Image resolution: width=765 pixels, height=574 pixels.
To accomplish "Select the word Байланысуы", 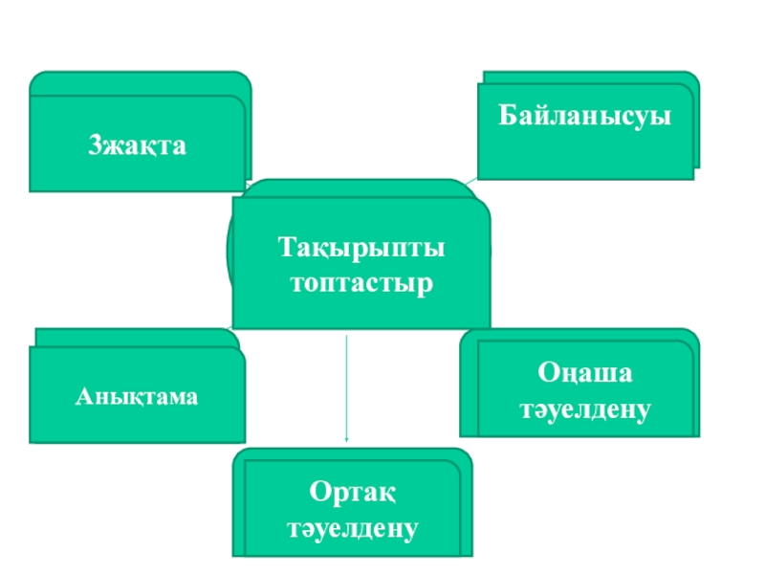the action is point(584,117).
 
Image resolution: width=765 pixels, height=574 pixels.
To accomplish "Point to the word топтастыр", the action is point(361,284).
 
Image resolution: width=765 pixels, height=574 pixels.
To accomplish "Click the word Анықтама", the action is point(138,396).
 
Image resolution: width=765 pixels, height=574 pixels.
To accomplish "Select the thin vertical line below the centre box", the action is point(345,383).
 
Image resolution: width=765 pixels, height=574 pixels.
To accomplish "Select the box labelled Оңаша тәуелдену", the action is point(580,386).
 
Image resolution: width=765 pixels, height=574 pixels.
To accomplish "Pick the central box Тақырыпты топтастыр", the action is point(361,263).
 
